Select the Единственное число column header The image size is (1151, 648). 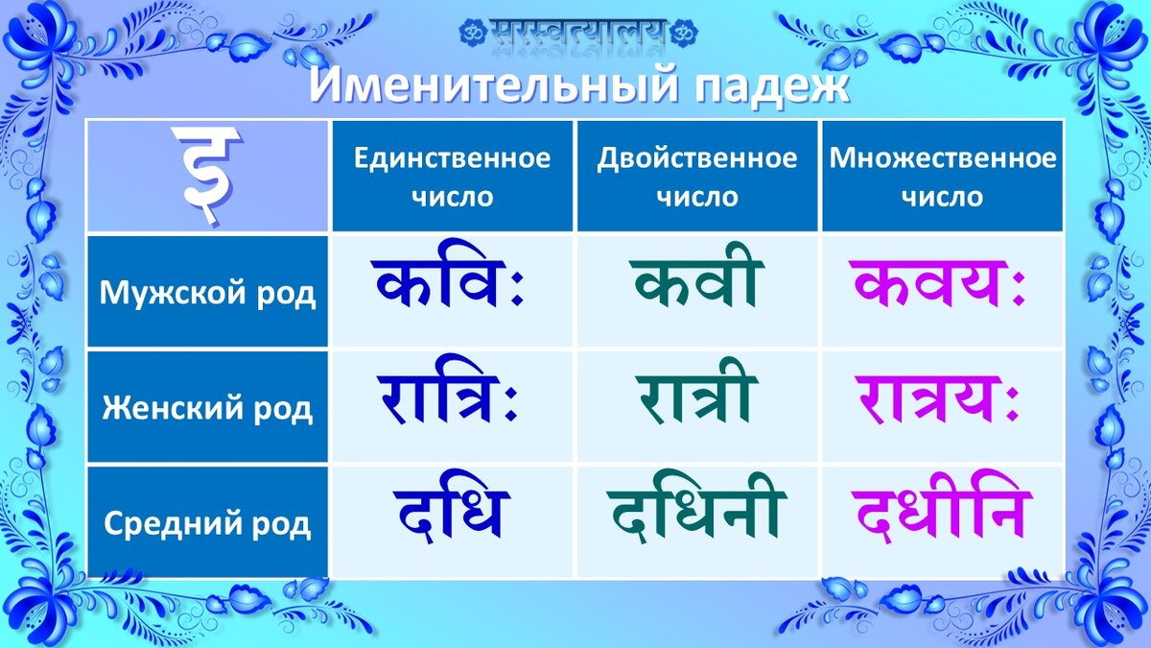(x=452, y=177)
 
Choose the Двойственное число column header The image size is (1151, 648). (x=697, y=177)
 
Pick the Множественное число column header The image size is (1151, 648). (x=942, y=177)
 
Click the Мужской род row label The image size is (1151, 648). (x=207, y=292)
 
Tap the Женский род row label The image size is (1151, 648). (x=207, y=407)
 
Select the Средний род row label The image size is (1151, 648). (x=207, y=522)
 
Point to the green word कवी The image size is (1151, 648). (x=696, y=276)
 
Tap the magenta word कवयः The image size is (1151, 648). (x=937, y=283)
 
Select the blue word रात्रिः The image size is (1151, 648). (x=447, y=390)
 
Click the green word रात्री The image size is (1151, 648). (x=696, y=391)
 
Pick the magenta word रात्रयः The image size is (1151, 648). (x=937, y=399)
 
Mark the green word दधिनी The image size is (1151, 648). (x=696, y=507)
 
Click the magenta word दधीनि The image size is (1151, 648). (x=942, y=507)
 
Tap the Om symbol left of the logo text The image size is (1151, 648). (x=473, y=33)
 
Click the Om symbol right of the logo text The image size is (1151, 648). (x=684, y=33)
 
